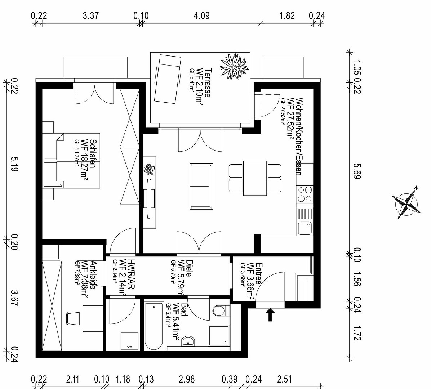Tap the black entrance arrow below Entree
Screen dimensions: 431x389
click(270, 314)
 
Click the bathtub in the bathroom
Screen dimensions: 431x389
click(154, 326)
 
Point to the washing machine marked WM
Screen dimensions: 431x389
click(130, 341)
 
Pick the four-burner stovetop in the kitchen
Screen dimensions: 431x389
click(305, 194)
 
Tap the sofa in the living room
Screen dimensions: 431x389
click(201, 187)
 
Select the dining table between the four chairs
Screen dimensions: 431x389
click(255, 178)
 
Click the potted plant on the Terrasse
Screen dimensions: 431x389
click(234, 66)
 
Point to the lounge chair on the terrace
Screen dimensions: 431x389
click(168, 79)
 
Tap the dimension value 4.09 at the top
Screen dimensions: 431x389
click(202, 15)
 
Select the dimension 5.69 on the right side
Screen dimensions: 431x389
click(357, 171)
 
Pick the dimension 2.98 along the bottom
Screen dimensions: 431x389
click(187, 379)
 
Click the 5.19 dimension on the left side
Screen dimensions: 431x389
click(14, 164)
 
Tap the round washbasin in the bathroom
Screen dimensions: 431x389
click(188, 341)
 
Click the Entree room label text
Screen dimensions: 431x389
click(259, 274)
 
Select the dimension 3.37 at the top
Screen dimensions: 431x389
click(91, 15)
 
